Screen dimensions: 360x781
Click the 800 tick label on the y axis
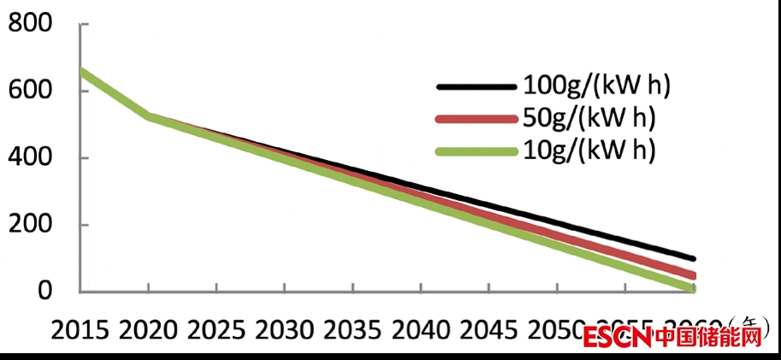coord(31,24)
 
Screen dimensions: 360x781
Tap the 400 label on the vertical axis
coord(31,158)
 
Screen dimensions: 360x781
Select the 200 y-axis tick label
coord(31,225)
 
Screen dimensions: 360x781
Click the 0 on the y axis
coord(47,292)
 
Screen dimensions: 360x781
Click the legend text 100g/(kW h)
coord(594,86)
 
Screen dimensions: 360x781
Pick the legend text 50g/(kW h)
coord(588,118)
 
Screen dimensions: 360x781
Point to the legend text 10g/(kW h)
coord(588,150)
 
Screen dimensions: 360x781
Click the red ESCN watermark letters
coord(618,338)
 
